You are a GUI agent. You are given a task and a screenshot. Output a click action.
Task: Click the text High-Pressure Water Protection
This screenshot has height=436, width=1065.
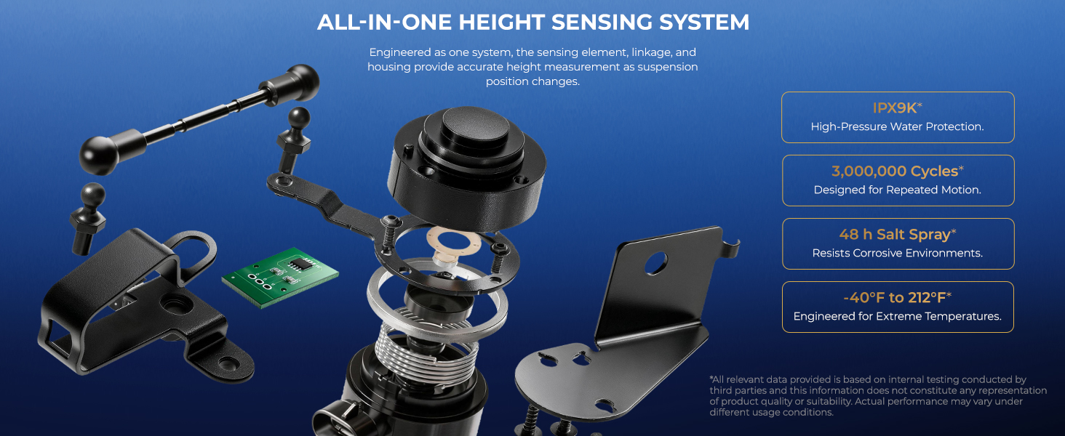coord(897,127)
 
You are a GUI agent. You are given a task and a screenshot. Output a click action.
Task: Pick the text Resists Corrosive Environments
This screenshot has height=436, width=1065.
coord(897,253)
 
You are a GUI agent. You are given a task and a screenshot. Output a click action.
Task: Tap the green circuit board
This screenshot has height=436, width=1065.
coord(280,277)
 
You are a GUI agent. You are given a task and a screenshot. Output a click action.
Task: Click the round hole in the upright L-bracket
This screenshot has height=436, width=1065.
coord(655,263)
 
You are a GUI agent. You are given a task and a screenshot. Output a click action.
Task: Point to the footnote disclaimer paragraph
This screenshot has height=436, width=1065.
coord(877,396)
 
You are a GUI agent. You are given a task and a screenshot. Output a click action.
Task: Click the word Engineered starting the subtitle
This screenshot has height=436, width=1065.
coord(407,52)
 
